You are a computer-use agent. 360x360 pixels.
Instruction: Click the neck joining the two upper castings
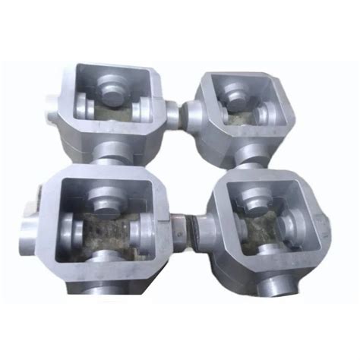click(x=174, y=115)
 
